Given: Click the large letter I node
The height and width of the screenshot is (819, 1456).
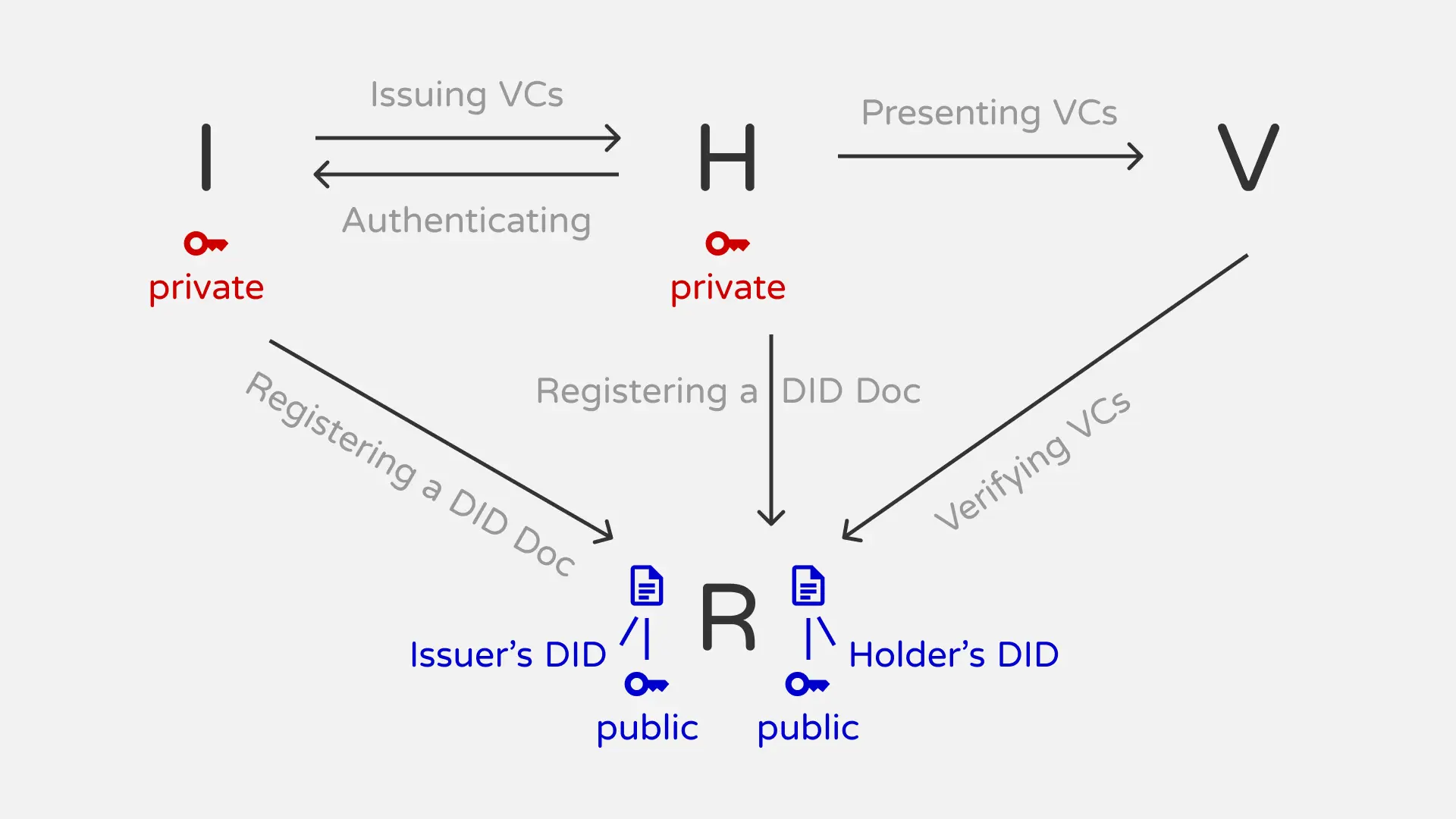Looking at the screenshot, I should pos(206,157).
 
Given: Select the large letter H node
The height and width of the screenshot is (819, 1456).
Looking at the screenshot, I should pos(727,157).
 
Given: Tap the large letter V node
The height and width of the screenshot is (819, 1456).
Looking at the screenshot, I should pos(1248,157).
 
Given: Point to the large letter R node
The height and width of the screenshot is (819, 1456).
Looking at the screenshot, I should pos(728,617).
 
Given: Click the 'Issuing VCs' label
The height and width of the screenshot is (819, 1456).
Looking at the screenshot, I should pos(466,96).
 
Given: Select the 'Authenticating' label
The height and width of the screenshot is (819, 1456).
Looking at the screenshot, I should pos(466,221).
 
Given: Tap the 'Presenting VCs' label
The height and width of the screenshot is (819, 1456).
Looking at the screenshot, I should pos(989,114).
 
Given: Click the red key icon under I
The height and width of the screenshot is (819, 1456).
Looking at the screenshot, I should pos(206,243).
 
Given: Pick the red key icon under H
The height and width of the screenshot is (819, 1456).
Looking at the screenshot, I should pos(727,243).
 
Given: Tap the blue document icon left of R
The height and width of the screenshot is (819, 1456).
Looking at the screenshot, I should pos(647,585).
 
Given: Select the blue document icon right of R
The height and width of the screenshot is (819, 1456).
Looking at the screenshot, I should pos(808,585).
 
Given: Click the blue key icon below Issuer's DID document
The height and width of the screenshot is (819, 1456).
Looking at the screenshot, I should pos(646,684).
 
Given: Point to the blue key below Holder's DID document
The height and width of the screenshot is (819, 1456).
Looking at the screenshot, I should pos(807,684).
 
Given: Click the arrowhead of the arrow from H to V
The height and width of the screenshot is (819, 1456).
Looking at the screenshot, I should pos(1137,156).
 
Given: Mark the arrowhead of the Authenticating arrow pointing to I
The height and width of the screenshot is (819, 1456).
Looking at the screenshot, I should pos(320,174).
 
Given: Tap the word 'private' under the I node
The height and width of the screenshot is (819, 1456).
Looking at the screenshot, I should pos(206,288).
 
